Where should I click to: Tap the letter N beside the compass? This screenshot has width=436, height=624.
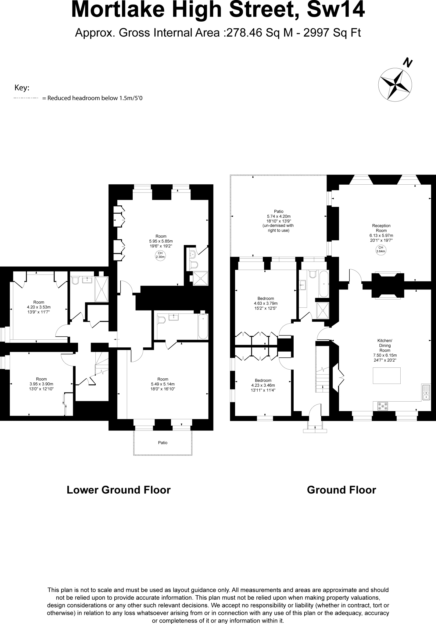click(x=408, y=62)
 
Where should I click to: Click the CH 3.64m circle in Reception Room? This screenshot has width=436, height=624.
click(x=381, y=250)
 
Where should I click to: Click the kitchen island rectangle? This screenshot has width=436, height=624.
click(x=387, y=375)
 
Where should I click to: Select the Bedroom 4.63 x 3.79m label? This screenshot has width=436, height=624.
click(x=266, y=303)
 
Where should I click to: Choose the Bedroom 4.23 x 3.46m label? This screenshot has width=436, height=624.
click(x=263, y=385)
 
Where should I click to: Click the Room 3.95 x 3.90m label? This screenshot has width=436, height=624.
click(x=41, y=384)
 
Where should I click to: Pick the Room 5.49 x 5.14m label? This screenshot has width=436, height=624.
click(x=163, y=384)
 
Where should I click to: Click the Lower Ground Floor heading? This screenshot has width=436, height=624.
click(x=119, y=490)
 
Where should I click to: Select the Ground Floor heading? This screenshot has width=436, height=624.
click(x=341, y=490)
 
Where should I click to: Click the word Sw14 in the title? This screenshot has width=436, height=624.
click(x=335, y=10)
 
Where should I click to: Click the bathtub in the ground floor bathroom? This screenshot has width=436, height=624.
click(x=323, y=284)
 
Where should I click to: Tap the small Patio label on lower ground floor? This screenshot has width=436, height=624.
click(x=163, y=443)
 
